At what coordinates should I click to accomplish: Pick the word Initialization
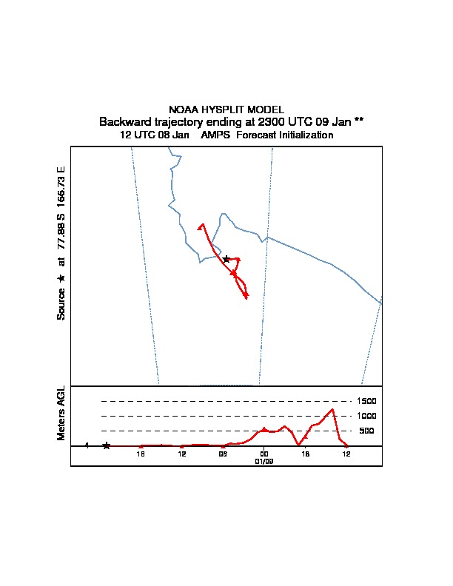[301, 135]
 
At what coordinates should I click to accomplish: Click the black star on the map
[226, 259]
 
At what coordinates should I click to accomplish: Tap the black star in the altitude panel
[107, 445]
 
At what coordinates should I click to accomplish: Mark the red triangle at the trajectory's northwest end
[201, 225]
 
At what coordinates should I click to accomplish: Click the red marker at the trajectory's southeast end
[245, 296]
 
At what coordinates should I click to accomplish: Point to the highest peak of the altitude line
[333, 409]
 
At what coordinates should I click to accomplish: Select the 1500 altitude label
[367, 401]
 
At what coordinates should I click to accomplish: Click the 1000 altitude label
[367, 416]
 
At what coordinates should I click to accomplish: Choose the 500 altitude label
[366, 431]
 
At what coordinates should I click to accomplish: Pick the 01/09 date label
[264, 460]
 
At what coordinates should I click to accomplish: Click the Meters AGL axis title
[61, 413]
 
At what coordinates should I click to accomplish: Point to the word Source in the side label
[61, 303]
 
